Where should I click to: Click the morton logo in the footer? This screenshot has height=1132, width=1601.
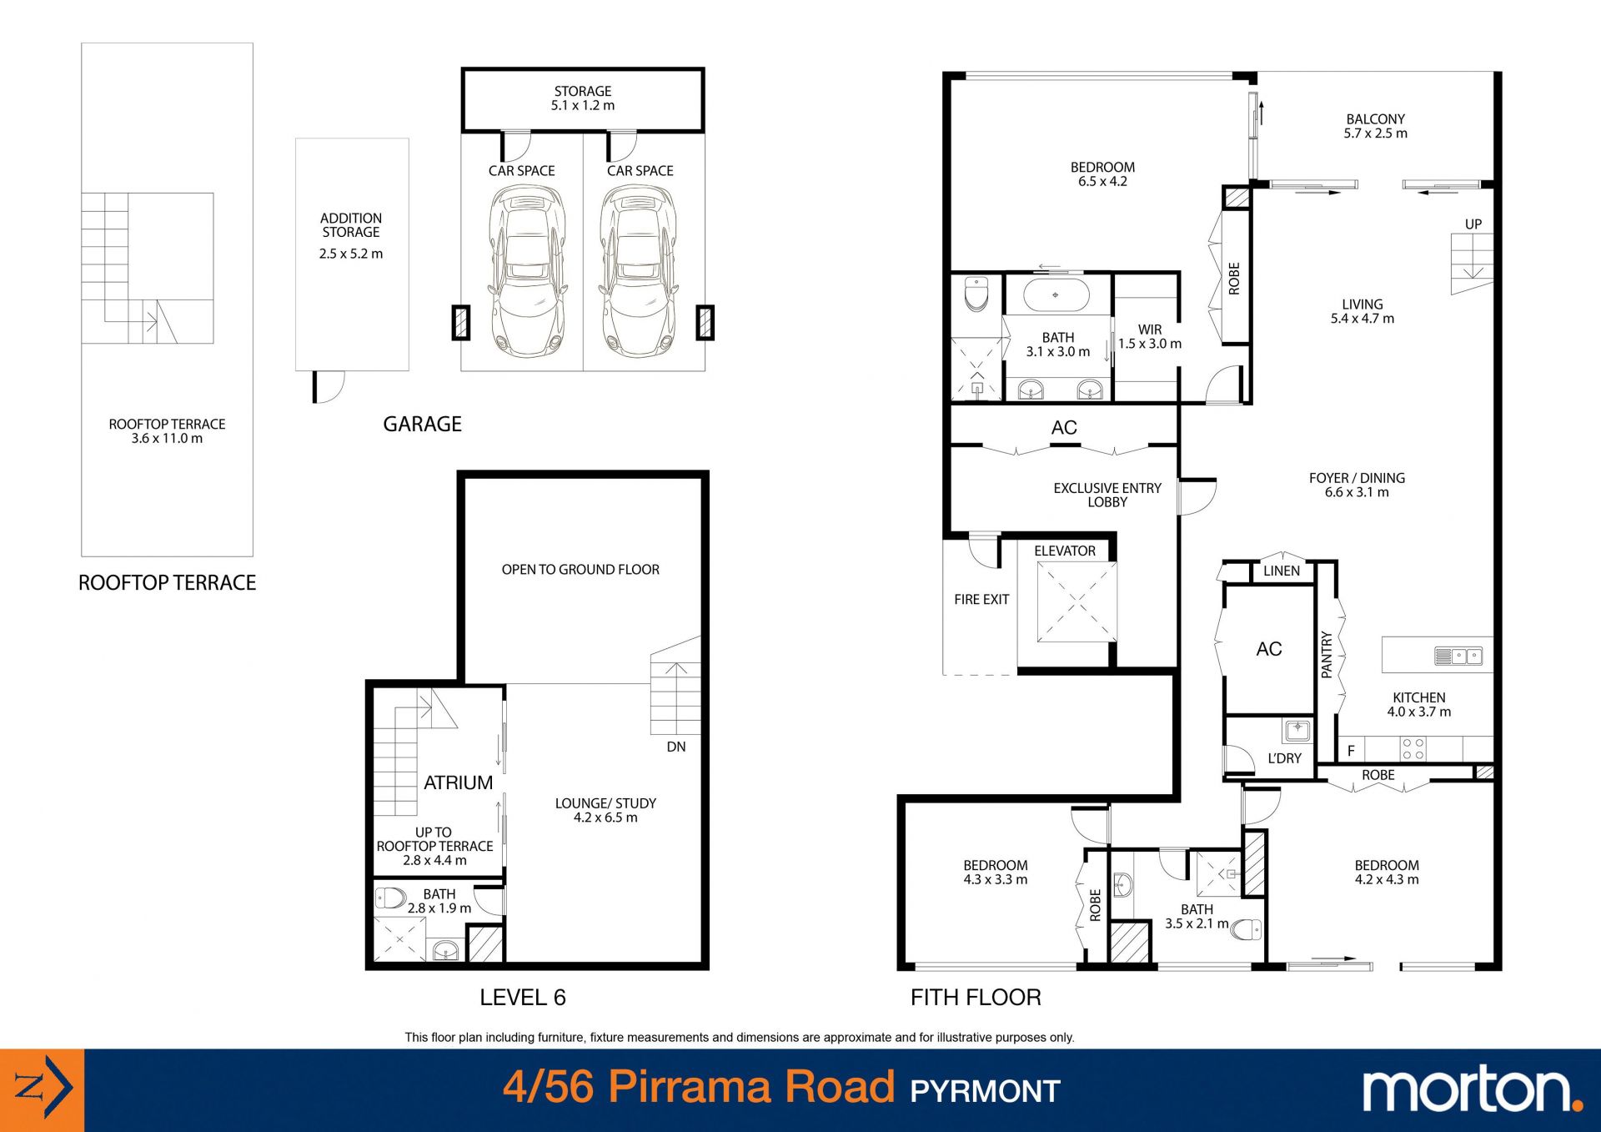click(1473, 1090)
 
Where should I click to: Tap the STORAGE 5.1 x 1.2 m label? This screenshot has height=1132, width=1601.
click(583, 98)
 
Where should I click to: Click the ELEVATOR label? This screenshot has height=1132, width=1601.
click(1065, 551)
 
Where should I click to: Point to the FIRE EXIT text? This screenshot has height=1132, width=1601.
click(981, 599)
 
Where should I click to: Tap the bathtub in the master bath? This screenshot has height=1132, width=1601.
click(1056, 295)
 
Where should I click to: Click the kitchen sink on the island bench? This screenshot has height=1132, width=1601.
click(1458, 656)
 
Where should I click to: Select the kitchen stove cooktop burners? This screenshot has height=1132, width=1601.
click(1413, 749)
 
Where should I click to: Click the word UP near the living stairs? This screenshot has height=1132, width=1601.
click(1473, 224)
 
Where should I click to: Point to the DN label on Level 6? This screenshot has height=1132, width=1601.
click(676, 747)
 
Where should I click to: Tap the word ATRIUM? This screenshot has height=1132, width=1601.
click(458, 782)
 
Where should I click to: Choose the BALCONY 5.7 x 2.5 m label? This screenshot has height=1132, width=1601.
click(1376, 126)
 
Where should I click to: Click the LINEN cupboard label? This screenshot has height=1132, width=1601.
click(1282, 571)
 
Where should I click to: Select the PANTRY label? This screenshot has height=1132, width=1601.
click(1327, 655)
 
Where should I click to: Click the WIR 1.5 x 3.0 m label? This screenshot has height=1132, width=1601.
click(1150, 337)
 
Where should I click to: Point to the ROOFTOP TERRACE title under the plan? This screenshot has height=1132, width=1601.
click(167, 583)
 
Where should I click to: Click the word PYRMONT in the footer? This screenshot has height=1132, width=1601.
click(985, 1091)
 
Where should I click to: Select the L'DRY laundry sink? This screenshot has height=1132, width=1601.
click(1297, 731)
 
